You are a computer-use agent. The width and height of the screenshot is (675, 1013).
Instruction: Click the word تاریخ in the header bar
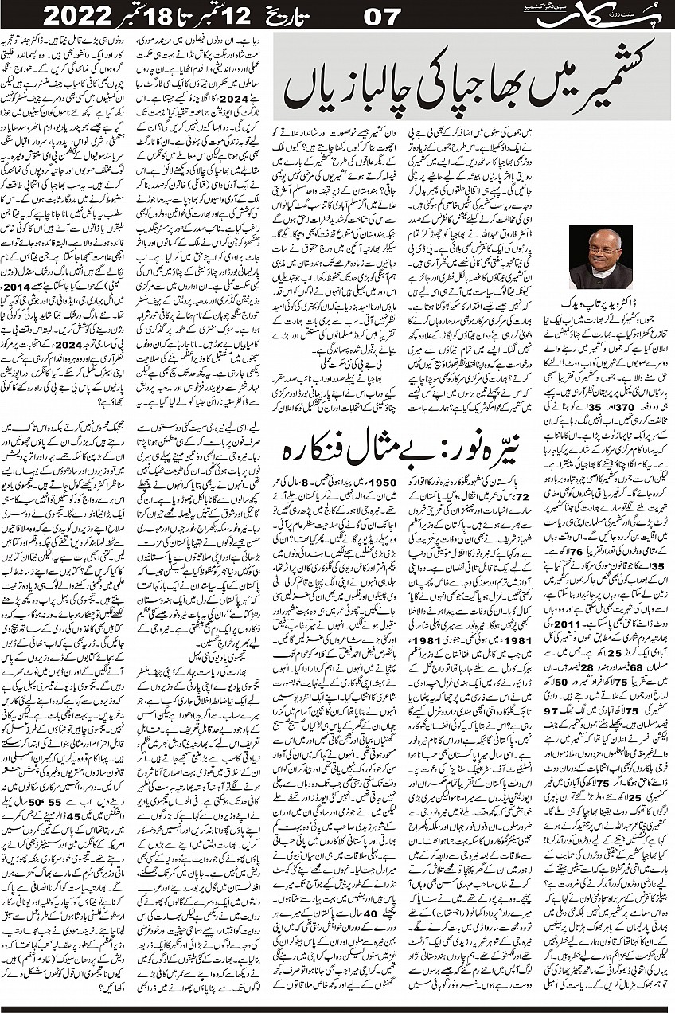tap(298, 15)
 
